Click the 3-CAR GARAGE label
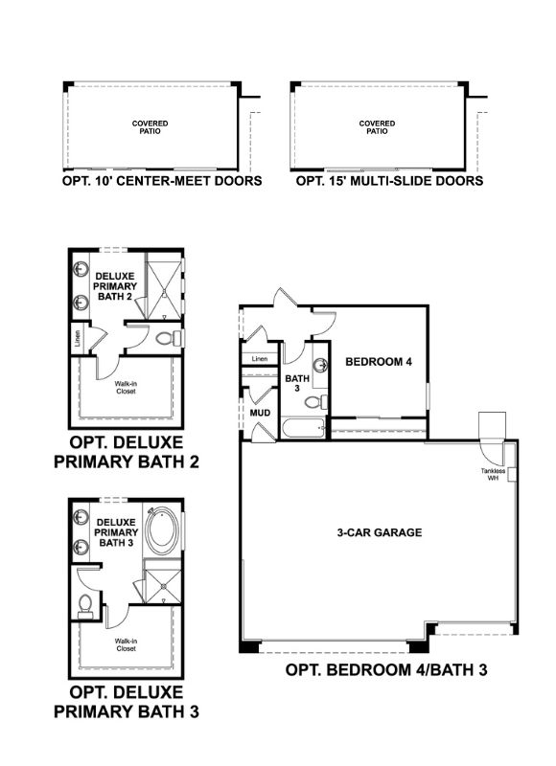[380, 532]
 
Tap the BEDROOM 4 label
[379, 362]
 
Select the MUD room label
[259, 413]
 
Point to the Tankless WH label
[495, 475]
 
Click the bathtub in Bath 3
[305, 426]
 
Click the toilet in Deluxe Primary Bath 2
[163, 338]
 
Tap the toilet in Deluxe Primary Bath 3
[85, 603]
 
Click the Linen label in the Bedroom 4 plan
[259, 359]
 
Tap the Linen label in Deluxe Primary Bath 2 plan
[76, 338]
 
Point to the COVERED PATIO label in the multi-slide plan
[377, 127]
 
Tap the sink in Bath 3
[321, 364]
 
